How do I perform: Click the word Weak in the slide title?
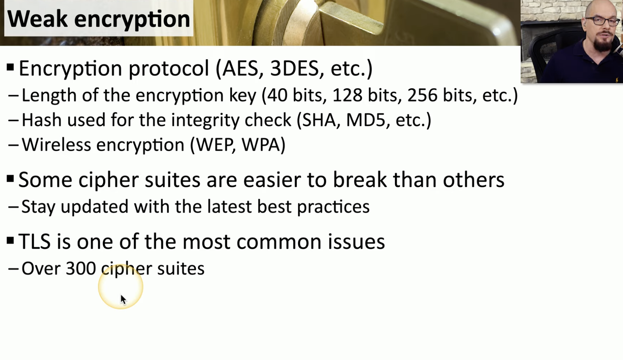[x=37, y=19]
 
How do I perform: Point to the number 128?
[x=347, y=95]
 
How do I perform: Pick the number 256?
[x=422, y=95]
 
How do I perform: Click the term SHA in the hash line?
[x=319, y=120]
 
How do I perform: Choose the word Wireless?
[x=56, y=145]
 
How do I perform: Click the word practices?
[x=333, y=207]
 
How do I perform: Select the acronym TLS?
[x=34, y=241]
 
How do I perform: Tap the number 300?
[x=81, y=269]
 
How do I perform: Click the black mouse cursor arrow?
[x=123, y=300]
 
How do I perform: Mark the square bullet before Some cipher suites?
[x=10, y=179]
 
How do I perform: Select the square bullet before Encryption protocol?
[x=10, y=67]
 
